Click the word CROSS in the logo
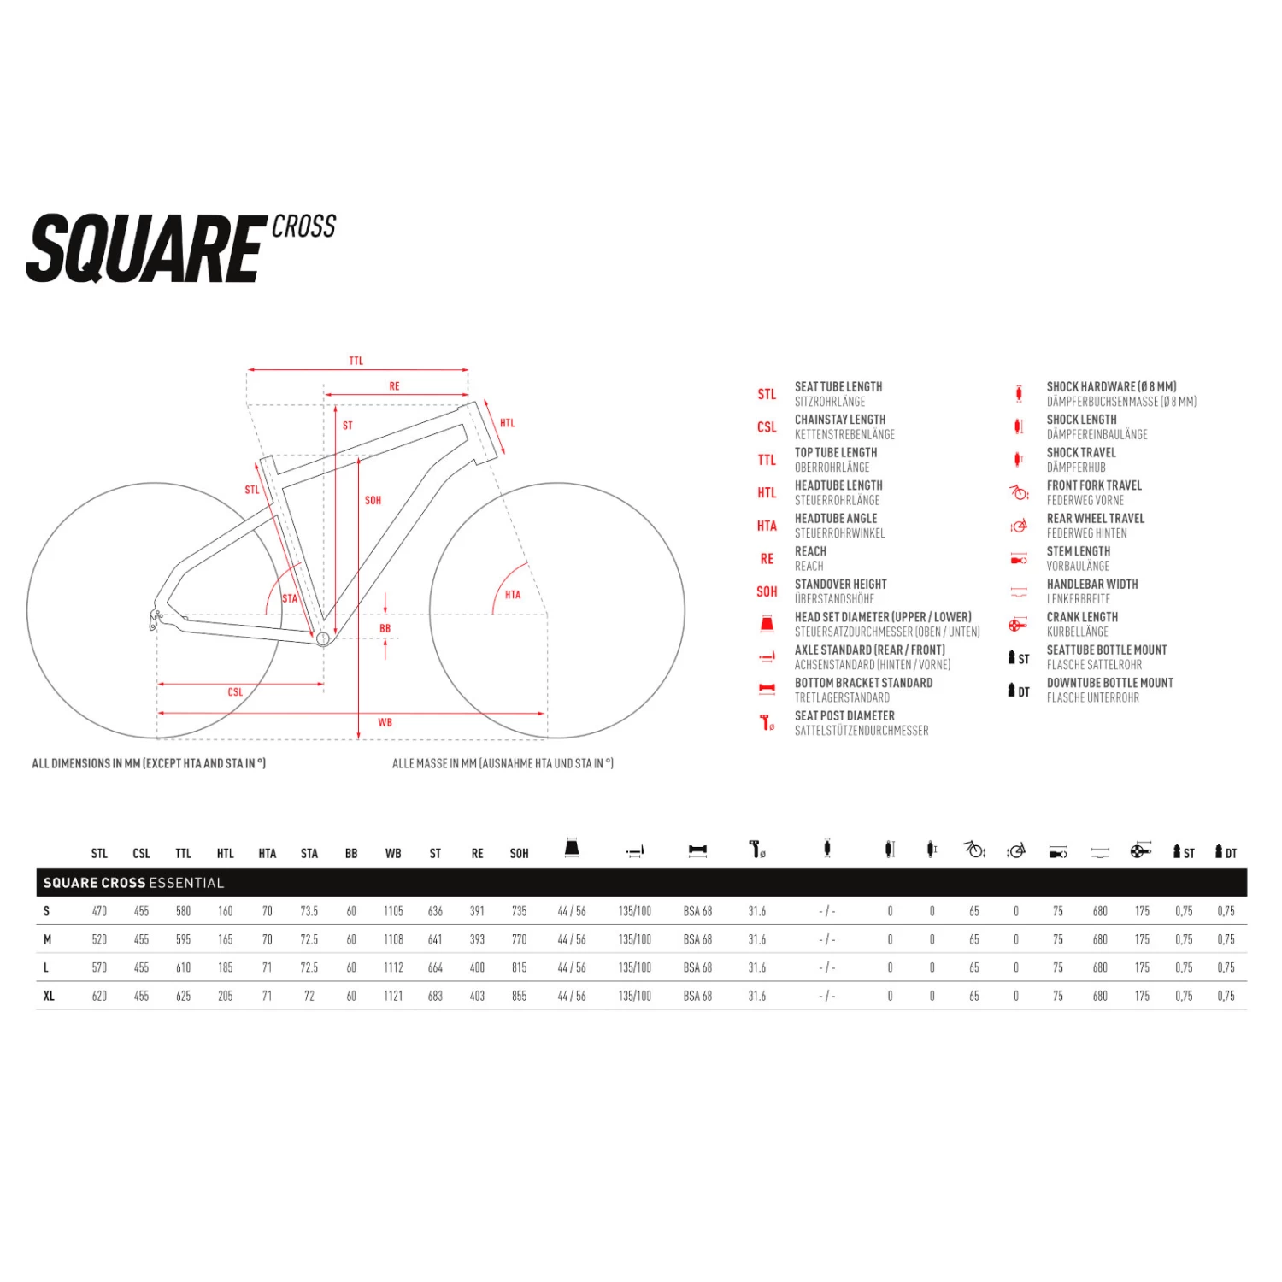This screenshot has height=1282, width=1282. coord(303,226)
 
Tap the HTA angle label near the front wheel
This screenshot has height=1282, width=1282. coord(513,595)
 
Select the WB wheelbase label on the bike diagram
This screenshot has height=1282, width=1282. coord(385,723)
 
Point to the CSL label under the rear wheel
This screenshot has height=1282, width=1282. coord(235,692)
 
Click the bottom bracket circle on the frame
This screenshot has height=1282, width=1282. coord(323,638)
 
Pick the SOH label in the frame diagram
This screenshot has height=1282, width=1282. coord(373,500)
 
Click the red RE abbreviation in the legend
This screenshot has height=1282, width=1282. coord(767,559)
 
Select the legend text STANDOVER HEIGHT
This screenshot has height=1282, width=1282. coord(841,584)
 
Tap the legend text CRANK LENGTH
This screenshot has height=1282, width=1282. coord(1082,617)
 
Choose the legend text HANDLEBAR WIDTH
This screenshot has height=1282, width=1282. coord(1092,584)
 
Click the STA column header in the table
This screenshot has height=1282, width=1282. coord(309,853)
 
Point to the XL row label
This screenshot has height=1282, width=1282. coord(49,996)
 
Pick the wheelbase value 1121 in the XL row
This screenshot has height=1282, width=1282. coord(393,996)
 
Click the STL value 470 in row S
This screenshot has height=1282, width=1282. coord(99,911)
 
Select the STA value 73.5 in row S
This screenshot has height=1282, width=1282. coord(309,911)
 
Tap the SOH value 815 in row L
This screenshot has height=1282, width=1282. coord(519,967)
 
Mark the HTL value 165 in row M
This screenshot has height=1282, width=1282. coord(226,939)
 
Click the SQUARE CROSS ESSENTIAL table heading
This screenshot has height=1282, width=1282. coord(133,883)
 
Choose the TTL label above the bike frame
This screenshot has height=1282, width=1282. coord(356,361)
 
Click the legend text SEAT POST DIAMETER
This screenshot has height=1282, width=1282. coord(844,715)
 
